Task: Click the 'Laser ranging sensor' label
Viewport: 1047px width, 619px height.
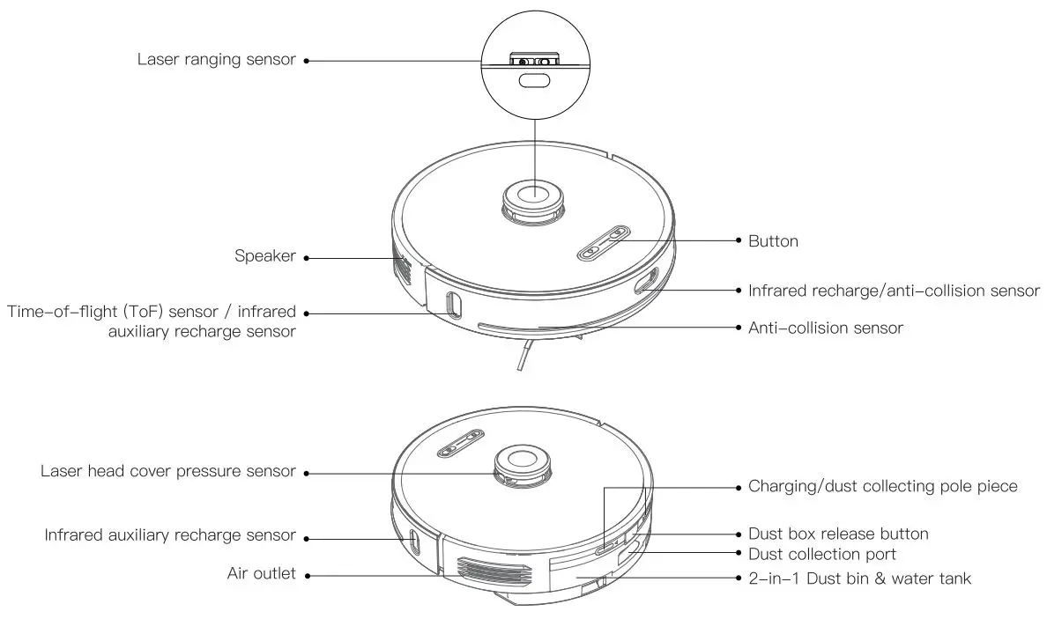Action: [x=216, y=60]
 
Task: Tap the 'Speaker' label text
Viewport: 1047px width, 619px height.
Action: [x=264, y=256]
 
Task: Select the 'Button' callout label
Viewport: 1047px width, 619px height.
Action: [x=773, y=240]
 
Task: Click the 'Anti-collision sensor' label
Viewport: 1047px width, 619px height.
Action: [x=825, y=328]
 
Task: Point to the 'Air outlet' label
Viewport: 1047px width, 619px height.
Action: [x=261, y=574]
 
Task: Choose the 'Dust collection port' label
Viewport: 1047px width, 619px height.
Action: [x=821, y=554]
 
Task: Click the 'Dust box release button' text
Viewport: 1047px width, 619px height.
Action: [x=837, y=534]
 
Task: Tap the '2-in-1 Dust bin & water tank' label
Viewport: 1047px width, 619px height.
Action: [x=859, y=578]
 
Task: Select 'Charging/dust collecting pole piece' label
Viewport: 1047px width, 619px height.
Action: [x=882, y=486]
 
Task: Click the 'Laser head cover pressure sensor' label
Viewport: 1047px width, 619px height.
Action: [x=167, y=471]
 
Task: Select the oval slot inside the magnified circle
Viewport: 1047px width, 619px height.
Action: [x=534, y=82]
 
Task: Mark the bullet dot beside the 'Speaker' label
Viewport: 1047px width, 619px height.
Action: [x=307, y=257]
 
